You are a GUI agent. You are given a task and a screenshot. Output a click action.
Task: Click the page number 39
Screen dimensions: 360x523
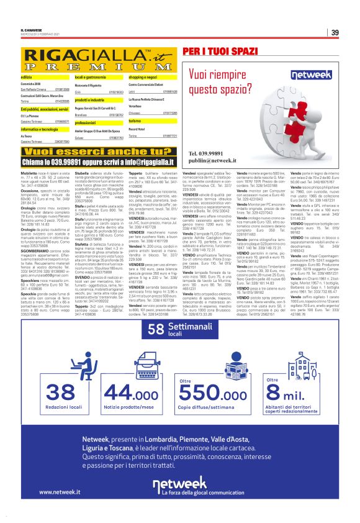click(x=335, y=32)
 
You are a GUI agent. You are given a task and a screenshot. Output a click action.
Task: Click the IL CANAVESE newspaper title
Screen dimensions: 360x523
click(x=32, y=29)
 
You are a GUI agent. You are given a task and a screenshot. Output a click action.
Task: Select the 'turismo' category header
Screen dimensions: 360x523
click(x=137, y=121)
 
